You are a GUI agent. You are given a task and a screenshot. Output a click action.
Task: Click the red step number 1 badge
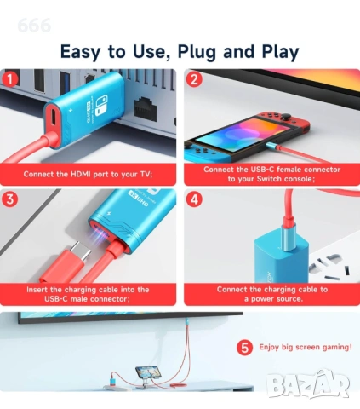click(11, 80)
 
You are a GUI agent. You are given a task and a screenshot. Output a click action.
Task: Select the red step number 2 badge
click(194, 80)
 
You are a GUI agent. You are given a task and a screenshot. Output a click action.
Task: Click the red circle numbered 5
click(244, 348)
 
